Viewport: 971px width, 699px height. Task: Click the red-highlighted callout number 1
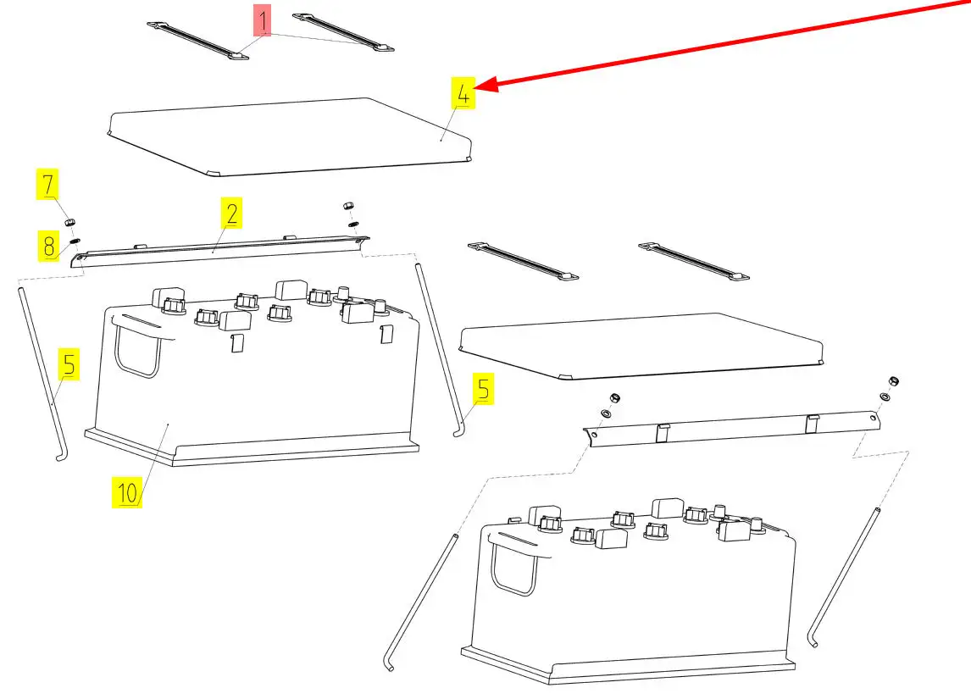coord(264,20)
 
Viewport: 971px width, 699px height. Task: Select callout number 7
coord(48,184)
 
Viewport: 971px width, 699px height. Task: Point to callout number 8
coord(48,246)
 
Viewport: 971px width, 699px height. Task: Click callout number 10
coord(127,492)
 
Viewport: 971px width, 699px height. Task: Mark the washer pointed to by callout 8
coord(74,241)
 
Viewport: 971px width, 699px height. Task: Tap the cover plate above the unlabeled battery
coord(640,343)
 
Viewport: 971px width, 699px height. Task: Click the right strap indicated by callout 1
coord(342,32)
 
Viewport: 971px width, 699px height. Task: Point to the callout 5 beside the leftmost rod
coord(69,365)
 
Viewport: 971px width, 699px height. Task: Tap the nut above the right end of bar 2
coord(347,206)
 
